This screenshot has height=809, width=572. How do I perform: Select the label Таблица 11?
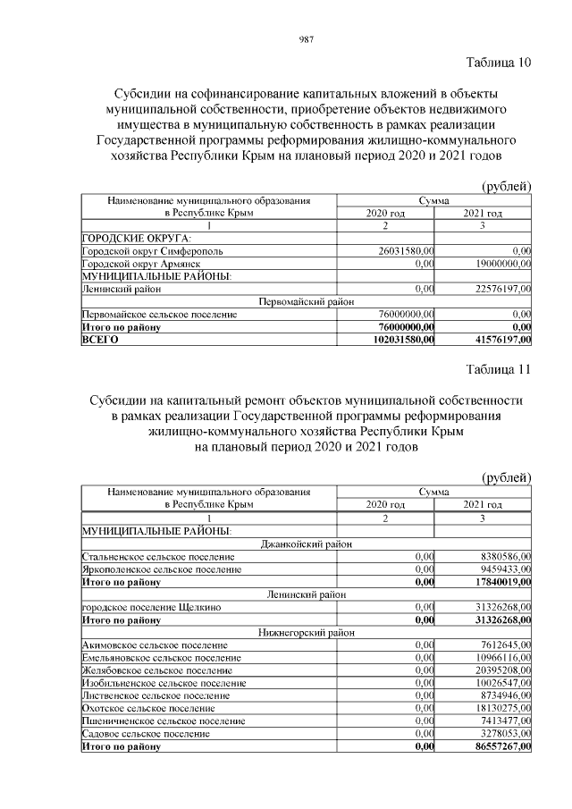click(498, 369)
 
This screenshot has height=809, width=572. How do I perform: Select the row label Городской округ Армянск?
click(134, 265)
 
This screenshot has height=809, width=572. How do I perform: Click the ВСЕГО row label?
click(100, 340)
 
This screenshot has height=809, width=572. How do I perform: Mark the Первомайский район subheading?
click(306, 302)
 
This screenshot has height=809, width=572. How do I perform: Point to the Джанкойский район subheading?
click(306, 543)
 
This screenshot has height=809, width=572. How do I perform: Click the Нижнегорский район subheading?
click(306, 632)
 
